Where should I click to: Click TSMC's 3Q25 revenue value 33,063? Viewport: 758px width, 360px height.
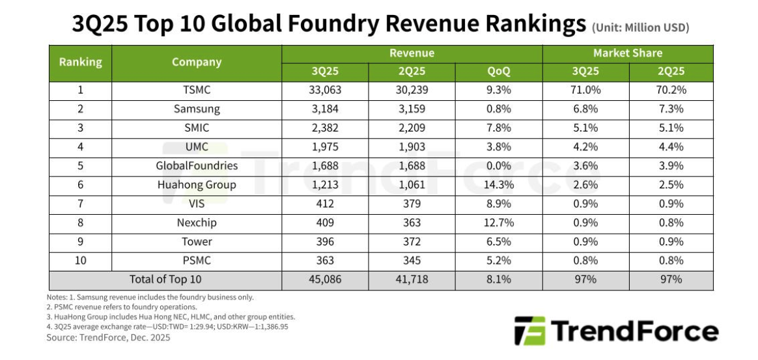325,90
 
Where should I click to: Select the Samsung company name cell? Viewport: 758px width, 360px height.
197,109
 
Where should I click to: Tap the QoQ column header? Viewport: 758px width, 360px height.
499,72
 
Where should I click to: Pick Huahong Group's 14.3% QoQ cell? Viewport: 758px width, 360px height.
499,185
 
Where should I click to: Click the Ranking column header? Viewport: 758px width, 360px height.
80,62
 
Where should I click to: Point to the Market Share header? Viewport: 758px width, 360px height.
627,53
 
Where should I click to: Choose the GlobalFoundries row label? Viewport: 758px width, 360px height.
197,166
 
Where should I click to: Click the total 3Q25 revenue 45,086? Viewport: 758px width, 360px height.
325,280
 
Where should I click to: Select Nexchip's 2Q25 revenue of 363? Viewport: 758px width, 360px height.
412,223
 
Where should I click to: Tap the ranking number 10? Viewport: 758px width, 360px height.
80,260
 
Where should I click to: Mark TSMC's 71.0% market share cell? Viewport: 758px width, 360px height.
585,90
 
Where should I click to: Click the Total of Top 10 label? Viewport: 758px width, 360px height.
165,280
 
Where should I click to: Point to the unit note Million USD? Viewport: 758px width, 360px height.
640,27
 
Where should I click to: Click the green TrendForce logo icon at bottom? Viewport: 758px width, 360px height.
527,331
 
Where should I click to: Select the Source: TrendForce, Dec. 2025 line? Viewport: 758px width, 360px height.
108,338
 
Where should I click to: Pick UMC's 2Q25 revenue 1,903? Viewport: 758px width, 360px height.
412,147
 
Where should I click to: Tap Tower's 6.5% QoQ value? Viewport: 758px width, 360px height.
499,242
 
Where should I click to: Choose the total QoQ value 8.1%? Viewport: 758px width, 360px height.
499,280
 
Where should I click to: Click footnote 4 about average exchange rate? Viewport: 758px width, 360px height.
167,326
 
